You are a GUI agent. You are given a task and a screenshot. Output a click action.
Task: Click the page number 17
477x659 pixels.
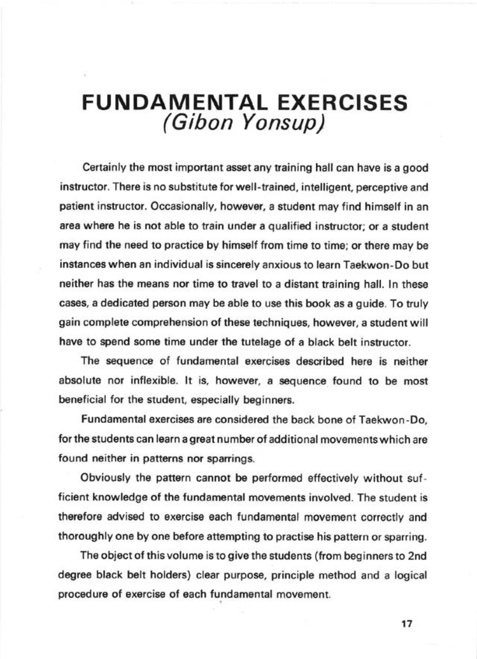coord(407,624)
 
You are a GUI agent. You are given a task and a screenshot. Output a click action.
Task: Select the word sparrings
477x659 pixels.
coord(234,459)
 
